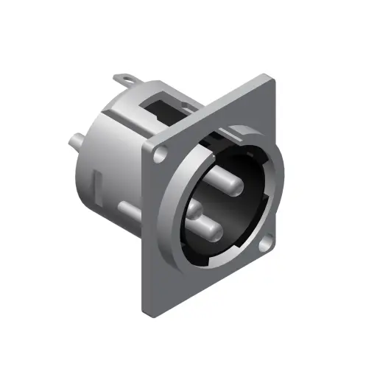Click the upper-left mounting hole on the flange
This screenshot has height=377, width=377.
pyautogui.click(x=159, y=155)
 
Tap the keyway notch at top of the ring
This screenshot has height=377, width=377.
pyautogui.click(x=225, y=136)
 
